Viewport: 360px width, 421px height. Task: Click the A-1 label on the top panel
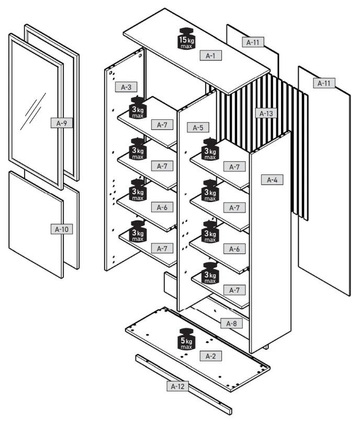click(211, 56)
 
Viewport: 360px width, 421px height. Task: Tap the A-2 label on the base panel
click(210, 356)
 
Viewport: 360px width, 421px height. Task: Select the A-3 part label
click(126, 87)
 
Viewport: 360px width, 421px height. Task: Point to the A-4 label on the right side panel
click(272, 180)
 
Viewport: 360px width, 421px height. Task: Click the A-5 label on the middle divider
click(198, 127)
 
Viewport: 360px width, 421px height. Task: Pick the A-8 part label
click(231, 324)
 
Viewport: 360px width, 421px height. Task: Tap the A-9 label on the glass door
click(61, 124)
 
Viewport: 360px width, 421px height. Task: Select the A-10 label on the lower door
click(61, 229)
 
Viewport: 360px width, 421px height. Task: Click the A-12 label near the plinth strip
click(177, 386)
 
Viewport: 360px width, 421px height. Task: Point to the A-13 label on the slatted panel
click(266, 113)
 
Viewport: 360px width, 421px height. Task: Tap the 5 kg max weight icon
click(187, 339)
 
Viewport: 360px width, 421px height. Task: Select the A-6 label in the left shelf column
click(162, 207)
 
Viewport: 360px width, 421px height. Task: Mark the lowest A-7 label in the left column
click(162, 248)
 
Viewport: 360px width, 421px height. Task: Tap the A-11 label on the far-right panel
click(324, 83)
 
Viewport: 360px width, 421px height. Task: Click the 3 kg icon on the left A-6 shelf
click(137, 190)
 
